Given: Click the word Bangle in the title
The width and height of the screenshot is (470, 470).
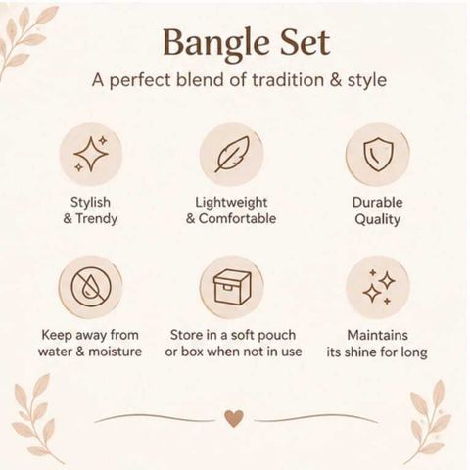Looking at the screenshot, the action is (x=215, y=44).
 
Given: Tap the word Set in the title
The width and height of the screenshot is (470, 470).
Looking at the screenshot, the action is (x=305, y=42).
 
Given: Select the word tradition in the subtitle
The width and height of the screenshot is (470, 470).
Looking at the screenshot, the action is (x=288, y=79).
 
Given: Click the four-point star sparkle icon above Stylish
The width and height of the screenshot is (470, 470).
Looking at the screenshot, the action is (x=91, y=154).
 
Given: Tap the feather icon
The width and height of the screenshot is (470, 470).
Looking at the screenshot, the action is (x=231, y=154).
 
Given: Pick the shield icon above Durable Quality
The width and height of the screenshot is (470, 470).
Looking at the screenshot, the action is (x=378, y=154).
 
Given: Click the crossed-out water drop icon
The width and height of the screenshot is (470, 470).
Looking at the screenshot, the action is (x=91, y=288).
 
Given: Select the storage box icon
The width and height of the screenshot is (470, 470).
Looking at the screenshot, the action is (x=232, y=287).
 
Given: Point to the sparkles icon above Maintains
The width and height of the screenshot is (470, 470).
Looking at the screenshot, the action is (x=379, y=287).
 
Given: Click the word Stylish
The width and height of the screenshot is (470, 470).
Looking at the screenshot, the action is (x=90, y=203).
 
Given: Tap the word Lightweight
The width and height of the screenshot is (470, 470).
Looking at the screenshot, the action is (x=231, y=203).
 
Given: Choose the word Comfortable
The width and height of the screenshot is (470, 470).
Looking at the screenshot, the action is (x=237, y=218).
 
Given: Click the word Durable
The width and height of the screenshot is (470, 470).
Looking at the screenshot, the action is (x=377, y=203).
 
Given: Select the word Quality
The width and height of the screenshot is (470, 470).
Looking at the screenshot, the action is (x=377, y=219).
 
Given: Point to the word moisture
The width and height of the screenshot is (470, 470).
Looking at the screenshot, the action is (x=116, y=352).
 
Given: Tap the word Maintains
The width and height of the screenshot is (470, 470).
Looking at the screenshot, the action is (x=377, y=335).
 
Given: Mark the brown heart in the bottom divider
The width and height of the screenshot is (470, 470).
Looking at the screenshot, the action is (x=234, y=418).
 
